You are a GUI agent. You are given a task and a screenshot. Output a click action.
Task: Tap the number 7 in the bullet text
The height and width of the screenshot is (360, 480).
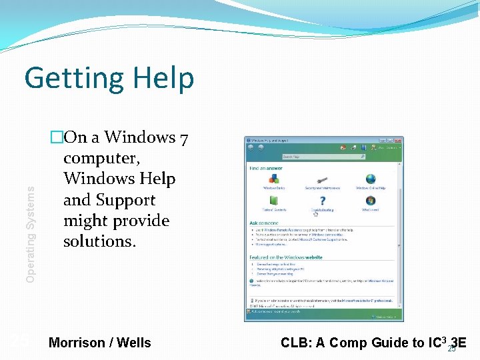(184, 138)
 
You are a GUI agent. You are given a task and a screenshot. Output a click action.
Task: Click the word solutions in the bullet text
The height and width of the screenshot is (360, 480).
(99, 241)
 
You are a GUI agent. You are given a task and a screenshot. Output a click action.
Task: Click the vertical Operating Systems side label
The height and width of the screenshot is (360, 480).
(31, 224)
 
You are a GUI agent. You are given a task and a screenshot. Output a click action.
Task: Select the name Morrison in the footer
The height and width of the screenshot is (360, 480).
(77, 343)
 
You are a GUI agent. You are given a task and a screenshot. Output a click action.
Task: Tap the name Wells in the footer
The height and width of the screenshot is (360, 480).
(134, 343)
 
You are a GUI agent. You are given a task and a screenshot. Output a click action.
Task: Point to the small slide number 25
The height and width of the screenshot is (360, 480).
(452, 349)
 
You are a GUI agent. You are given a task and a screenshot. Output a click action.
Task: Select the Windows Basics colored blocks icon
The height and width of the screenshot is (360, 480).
(273, 179)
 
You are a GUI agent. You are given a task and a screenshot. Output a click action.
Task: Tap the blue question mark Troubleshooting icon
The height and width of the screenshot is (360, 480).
(322, 201)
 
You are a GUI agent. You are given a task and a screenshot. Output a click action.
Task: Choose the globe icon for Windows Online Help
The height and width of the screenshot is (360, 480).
(370, 179)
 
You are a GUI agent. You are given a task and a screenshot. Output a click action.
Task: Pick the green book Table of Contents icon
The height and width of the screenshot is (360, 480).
(273, 201)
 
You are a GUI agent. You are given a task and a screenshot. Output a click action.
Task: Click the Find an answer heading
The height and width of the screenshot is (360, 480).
(266, 168)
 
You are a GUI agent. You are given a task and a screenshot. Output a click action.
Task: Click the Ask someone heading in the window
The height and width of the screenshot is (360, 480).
(263, 223)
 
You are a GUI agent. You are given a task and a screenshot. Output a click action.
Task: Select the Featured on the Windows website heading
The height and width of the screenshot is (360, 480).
(286, 257)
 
